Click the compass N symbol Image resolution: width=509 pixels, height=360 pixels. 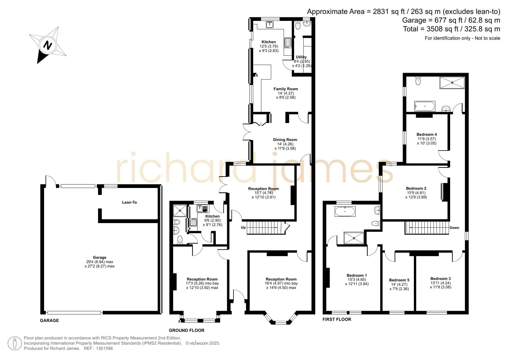pos(48,45)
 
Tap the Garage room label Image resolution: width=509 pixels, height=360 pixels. pos(99,257)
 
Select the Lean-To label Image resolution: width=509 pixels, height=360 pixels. pos(129,202)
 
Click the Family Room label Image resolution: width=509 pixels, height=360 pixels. pos(286,89)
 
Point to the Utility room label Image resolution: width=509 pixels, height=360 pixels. pos(301,57)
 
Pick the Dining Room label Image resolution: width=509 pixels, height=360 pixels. pos(285,140)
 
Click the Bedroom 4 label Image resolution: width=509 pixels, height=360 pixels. pos(427,134)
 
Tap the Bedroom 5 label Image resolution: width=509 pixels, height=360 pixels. pos(399,280)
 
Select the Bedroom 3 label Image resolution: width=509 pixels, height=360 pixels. pos(441,278)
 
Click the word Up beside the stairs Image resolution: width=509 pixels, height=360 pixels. pos(243,227)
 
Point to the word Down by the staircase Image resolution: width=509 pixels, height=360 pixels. pos(454,228)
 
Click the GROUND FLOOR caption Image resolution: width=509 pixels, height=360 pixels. pos(186,330)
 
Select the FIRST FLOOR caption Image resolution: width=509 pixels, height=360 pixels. pos(337,319)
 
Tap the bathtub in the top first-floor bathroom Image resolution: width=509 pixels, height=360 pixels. pos(425,106)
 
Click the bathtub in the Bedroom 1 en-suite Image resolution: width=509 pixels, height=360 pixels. pos(345,211)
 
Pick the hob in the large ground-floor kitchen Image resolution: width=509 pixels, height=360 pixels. pos(288,43)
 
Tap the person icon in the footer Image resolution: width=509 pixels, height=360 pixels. pos(15,343)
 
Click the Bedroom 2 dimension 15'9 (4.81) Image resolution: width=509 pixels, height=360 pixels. pos(416,193)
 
